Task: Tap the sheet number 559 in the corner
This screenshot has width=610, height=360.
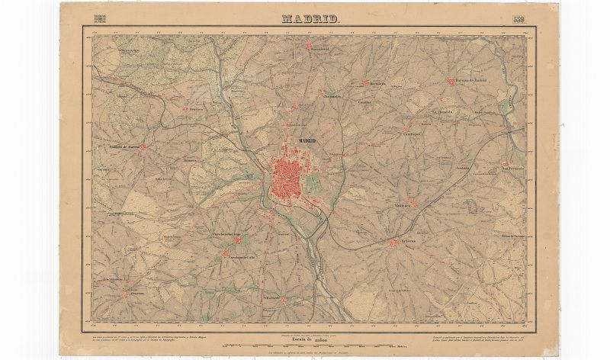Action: (x=518, y=20)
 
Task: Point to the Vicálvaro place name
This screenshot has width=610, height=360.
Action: (x=404, y=205)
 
